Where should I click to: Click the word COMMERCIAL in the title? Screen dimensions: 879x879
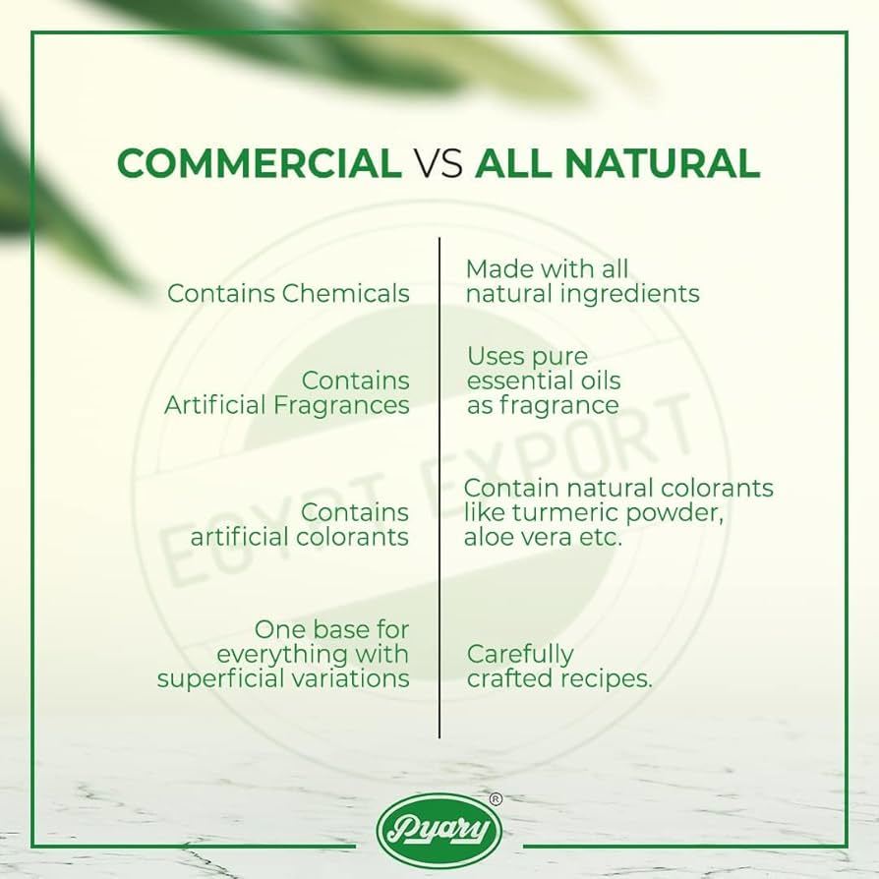260,163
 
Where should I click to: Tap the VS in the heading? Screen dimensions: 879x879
439,163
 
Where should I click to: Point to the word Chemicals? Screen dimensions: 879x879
346,293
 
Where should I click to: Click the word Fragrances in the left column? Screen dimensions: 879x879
341,405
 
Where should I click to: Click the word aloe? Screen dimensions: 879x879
487,537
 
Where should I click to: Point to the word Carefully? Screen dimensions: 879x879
520,655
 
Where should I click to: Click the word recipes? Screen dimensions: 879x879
607,678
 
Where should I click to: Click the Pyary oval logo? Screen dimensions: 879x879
439,829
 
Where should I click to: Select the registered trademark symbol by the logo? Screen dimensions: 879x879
496,799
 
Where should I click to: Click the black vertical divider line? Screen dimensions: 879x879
439,488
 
